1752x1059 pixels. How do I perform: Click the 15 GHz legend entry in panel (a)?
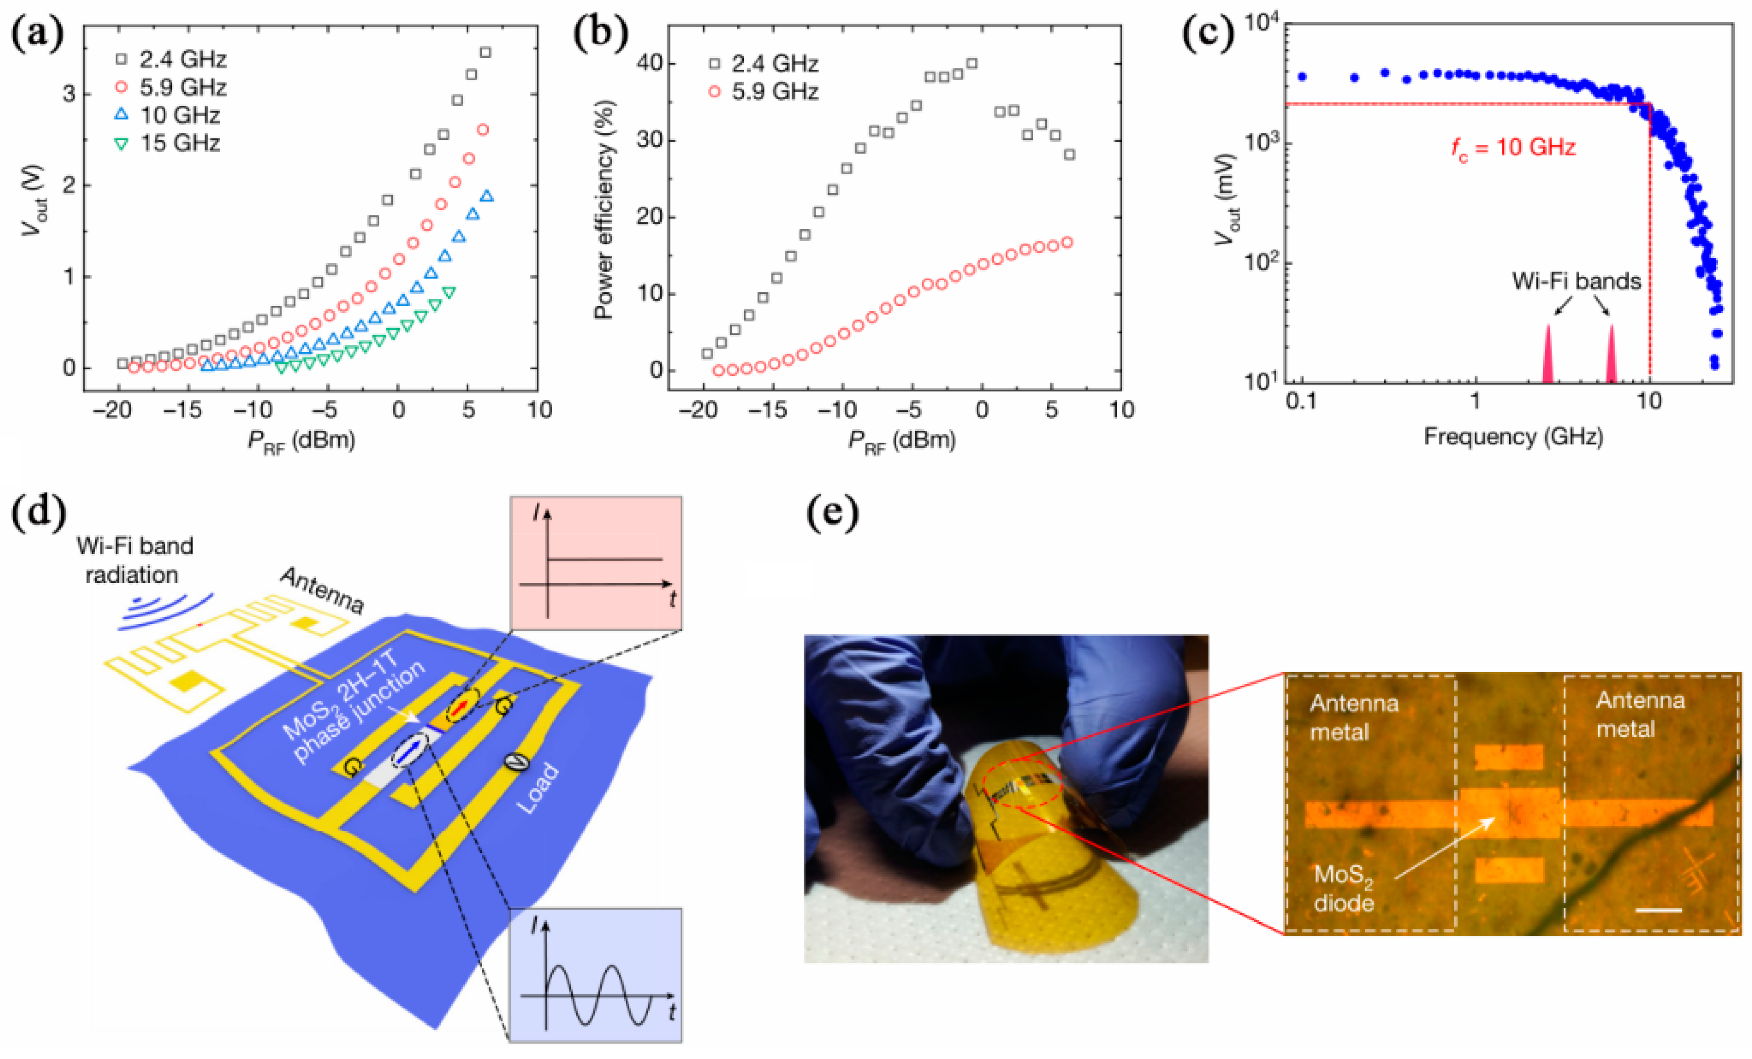point(171,143)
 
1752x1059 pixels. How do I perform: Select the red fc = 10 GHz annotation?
point(1513,148)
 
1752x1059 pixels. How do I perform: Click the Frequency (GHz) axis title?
point(1513,436)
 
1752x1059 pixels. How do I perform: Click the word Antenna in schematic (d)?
point(321,590)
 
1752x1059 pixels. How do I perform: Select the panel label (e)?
point(832,514)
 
